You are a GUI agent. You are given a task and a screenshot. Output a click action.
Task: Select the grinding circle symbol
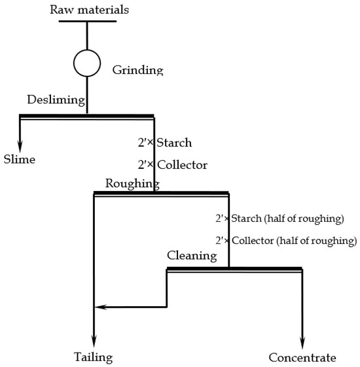[87, 63]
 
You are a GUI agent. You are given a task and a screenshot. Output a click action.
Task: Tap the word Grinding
[137, 69]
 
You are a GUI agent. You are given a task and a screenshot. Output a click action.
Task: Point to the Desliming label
[56, 100]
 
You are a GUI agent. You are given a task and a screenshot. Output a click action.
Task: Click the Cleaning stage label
[191, 255]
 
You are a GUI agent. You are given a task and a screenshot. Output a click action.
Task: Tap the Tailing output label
[93, 357]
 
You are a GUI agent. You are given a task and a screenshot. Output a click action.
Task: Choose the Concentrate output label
[302, 357]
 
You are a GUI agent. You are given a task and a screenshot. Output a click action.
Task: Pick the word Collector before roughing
[182, 165]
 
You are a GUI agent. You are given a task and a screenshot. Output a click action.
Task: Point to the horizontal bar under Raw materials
[87, 21]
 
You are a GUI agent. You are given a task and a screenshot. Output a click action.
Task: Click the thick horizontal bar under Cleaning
[234, 268]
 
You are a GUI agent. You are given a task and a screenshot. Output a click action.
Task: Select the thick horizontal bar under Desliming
[86, 116]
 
